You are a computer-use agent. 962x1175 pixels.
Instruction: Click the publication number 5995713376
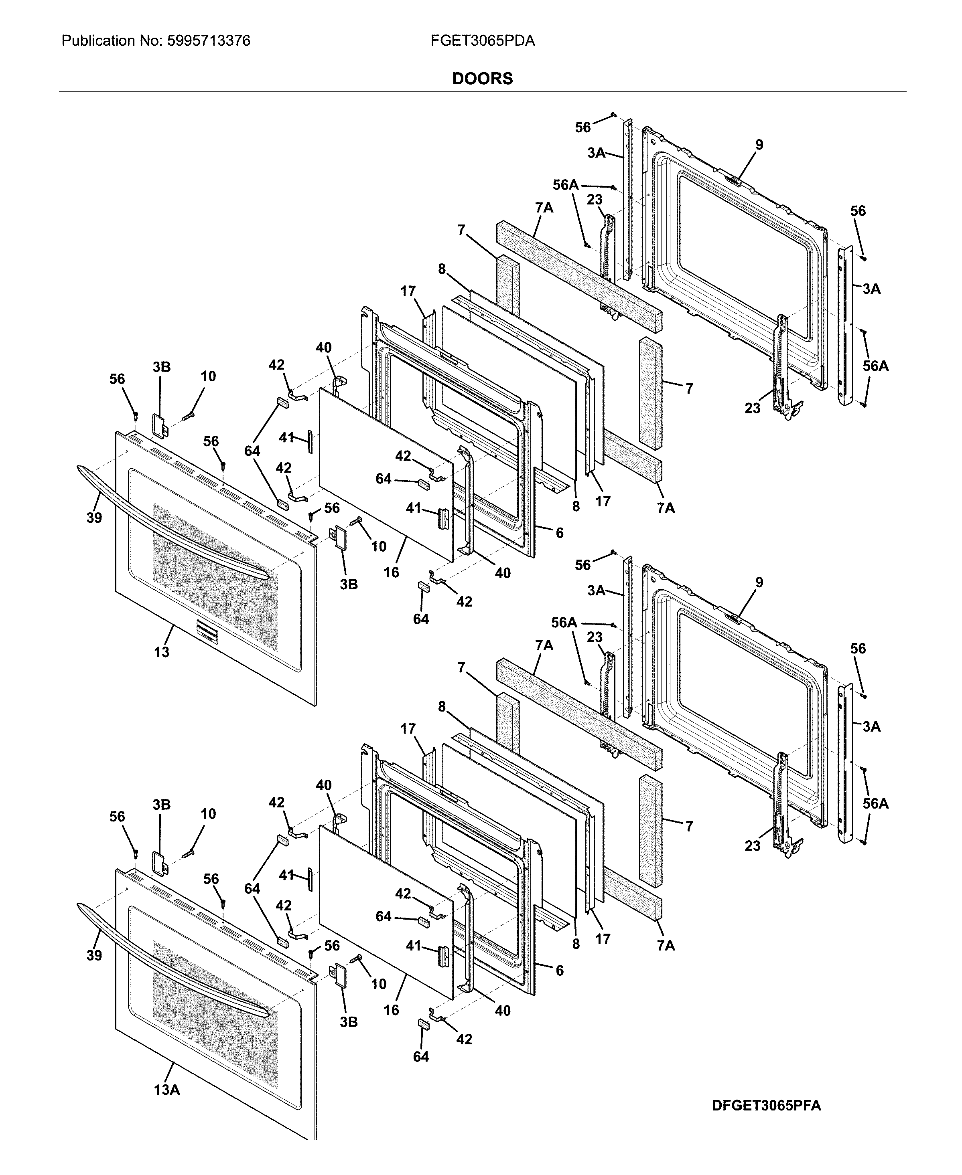click(208, 40)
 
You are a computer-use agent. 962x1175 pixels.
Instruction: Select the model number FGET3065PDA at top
click(482, 40)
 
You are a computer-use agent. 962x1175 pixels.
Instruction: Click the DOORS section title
click(482, 79)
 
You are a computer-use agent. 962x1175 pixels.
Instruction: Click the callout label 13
click(161, 652)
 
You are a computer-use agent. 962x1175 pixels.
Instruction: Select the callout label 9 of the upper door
click(759, 145)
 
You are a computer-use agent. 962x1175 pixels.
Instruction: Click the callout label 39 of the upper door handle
click(94, 518)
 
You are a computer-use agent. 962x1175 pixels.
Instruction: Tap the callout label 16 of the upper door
click(391, 572)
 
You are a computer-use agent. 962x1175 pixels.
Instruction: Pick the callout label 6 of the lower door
click(560, 970)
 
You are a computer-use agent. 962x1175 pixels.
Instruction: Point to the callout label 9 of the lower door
click(759, 582)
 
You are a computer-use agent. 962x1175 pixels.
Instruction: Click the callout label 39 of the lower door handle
click(94, 955)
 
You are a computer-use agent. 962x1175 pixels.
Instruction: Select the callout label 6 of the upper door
click(560, 533)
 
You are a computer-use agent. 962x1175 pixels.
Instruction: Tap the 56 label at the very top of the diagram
click(582, 127)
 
